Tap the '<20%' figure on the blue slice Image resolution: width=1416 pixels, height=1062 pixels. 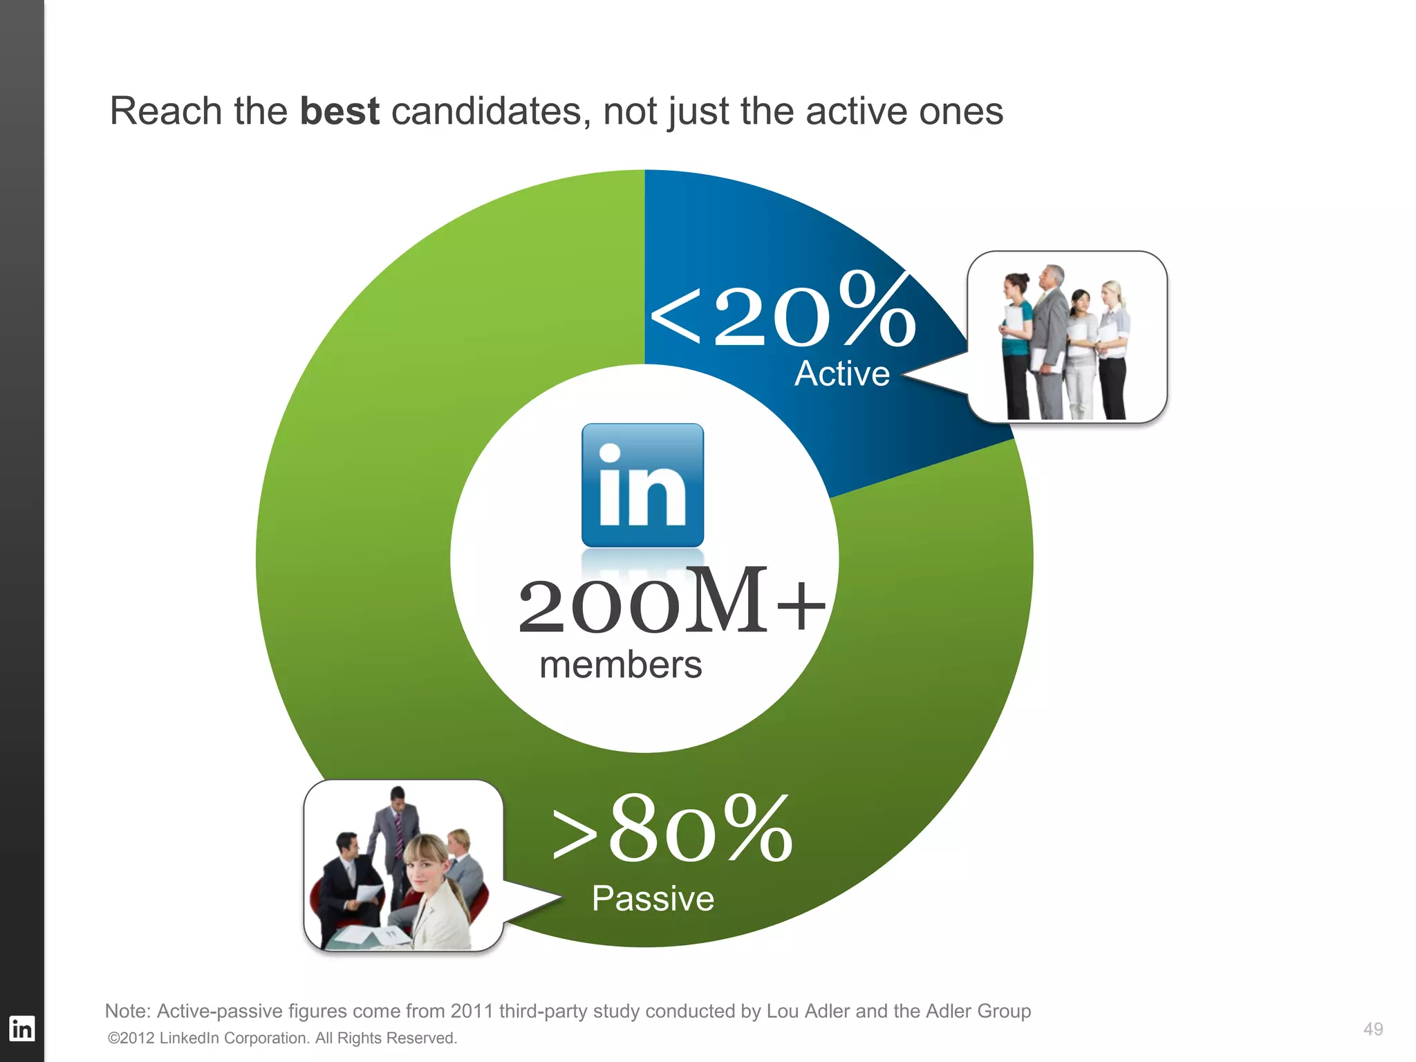pyautogui.click(x=783, y=310)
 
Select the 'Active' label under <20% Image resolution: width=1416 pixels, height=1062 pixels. pyautogui.click(x=841, y=374)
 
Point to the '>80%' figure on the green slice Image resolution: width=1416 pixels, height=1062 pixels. pyautogui.click(x=672, y=830)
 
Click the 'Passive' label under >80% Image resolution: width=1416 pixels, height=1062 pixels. pyautogui.click(x=653, y=899)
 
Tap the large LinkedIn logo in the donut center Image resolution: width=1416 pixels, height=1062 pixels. pyautogui.click(x=642, y=485)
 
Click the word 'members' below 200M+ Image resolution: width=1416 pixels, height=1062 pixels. pyautogui.click(x=620, y=665)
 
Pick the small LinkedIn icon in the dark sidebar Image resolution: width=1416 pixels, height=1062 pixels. pyautogui.click(x=21, y=1029)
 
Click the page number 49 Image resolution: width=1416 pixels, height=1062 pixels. pyautogui.click(x=1372, y=1030)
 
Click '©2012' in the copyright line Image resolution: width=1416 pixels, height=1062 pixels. pyautogui.click(x=131, y=1038)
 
